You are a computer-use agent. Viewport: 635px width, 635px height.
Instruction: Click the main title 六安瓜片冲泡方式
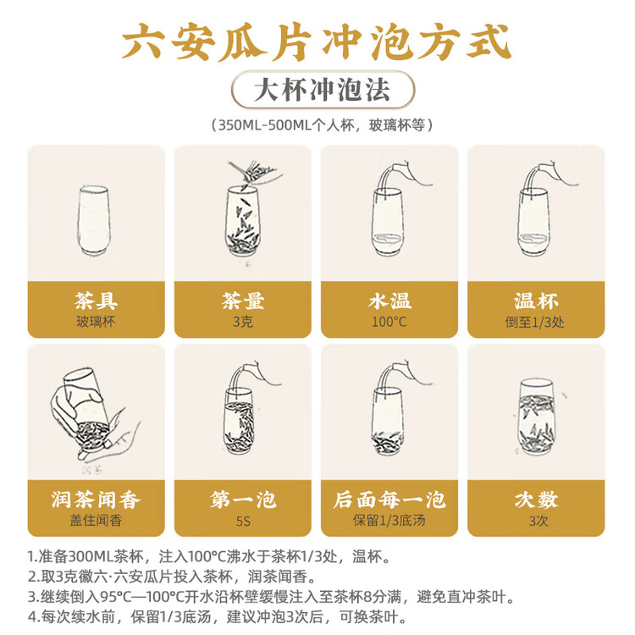coord(317,42)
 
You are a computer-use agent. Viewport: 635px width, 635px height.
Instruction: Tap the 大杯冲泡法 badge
coord(323,90)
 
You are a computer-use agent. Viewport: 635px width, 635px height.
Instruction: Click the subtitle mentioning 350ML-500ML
coord(323,125)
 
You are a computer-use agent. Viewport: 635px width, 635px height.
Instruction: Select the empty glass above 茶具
coord(93,220)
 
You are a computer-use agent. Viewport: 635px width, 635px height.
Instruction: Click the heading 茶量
coord(243,301)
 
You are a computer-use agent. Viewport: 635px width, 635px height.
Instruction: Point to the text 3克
coord(243,322)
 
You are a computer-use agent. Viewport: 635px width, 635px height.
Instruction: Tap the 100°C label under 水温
coord(389,322)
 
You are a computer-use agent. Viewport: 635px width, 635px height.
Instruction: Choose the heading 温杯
coord(536,301)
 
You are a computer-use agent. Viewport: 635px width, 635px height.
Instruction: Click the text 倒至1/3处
coord(535,323)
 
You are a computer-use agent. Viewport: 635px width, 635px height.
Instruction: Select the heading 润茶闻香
coord(96,500)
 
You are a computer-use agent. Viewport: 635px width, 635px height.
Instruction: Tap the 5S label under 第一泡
coord(243,521)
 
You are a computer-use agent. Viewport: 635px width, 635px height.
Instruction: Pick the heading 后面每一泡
coord(389,500)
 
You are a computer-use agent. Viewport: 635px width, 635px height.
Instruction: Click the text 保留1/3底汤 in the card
coord(389,521)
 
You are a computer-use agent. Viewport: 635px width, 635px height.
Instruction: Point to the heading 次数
coord(536,500)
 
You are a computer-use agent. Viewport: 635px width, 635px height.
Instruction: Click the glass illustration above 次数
coord(536,417)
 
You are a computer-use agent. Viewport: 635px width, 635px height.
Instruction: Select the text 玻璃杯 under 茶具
coord(96,322)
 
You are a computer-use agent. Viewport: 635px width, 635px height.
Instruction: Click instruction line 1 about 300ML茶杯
coord(209,556)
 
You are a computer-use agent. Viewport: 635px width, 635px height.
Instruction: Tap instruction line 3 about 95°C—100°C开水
coord(271,597)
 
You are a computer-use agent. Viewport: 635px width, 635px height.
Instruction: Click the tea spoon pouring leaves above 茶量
coord(255,173)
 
